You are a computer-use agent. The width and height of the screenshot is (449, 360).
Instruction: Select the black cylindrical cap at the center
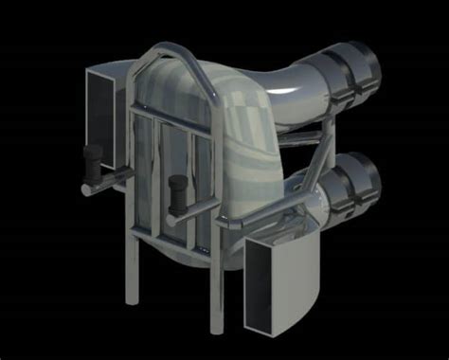(x=176, y=193)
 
